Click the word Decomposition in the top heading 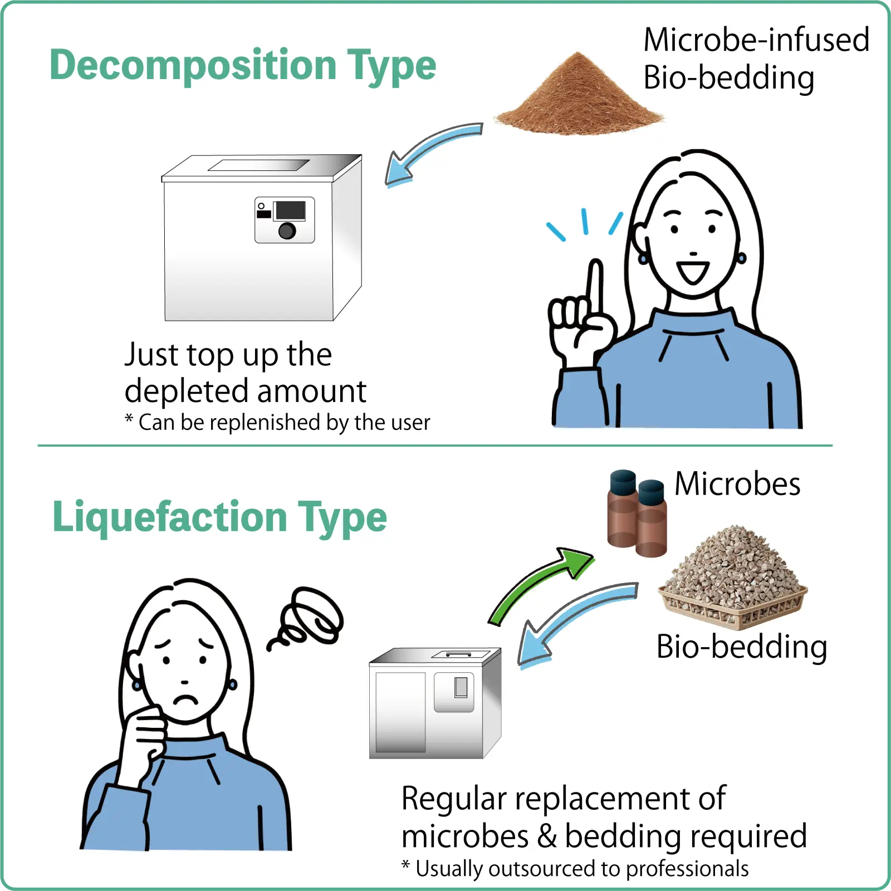click(193, 66)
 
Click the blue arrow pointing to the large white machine click(429, 150)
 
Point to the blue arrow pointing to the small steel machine click(574, 618)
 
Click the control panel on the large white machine click(285, 220)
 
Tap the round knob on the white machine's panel click(287, 231)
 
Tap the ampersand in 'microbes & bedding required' click(547, 836)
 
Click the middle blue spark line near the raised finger click(585, 221)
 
